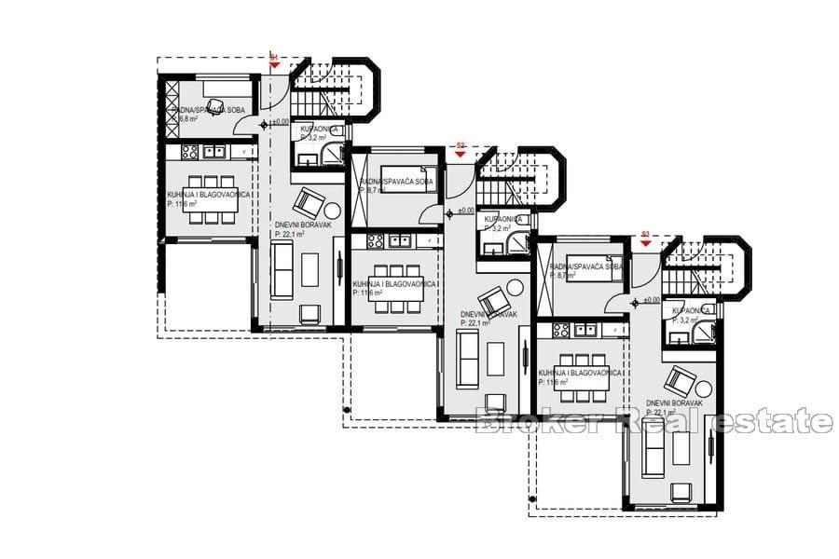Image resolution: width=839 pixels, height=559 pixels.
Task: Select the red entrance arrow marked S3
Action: (x=645, y=242)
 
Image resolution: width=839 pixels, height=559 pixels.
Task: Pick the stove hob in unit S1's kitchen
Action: (x=189, y=151)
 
